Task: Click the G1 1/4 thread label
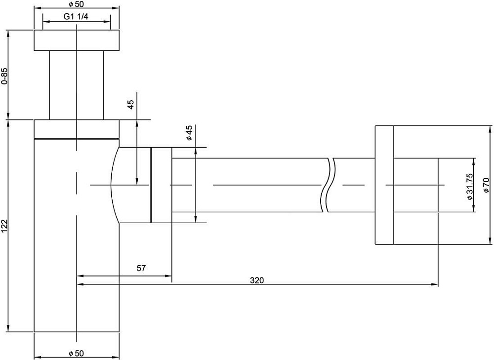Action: (x=76, y=17)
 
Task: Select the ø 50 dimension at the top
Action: (x=76, y=4)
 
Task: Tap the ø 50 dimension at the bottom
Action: (x=76, y=354)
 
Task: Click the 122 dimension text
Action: (x=4, y=227)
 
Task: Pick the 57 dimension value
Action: (x=141, y=268)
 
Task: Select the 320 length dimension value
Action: (x=257, y=280)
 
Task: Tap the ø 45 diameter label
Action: (x=189, y=133)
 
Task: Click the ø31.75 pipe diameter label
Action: (x=469, y=187)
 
